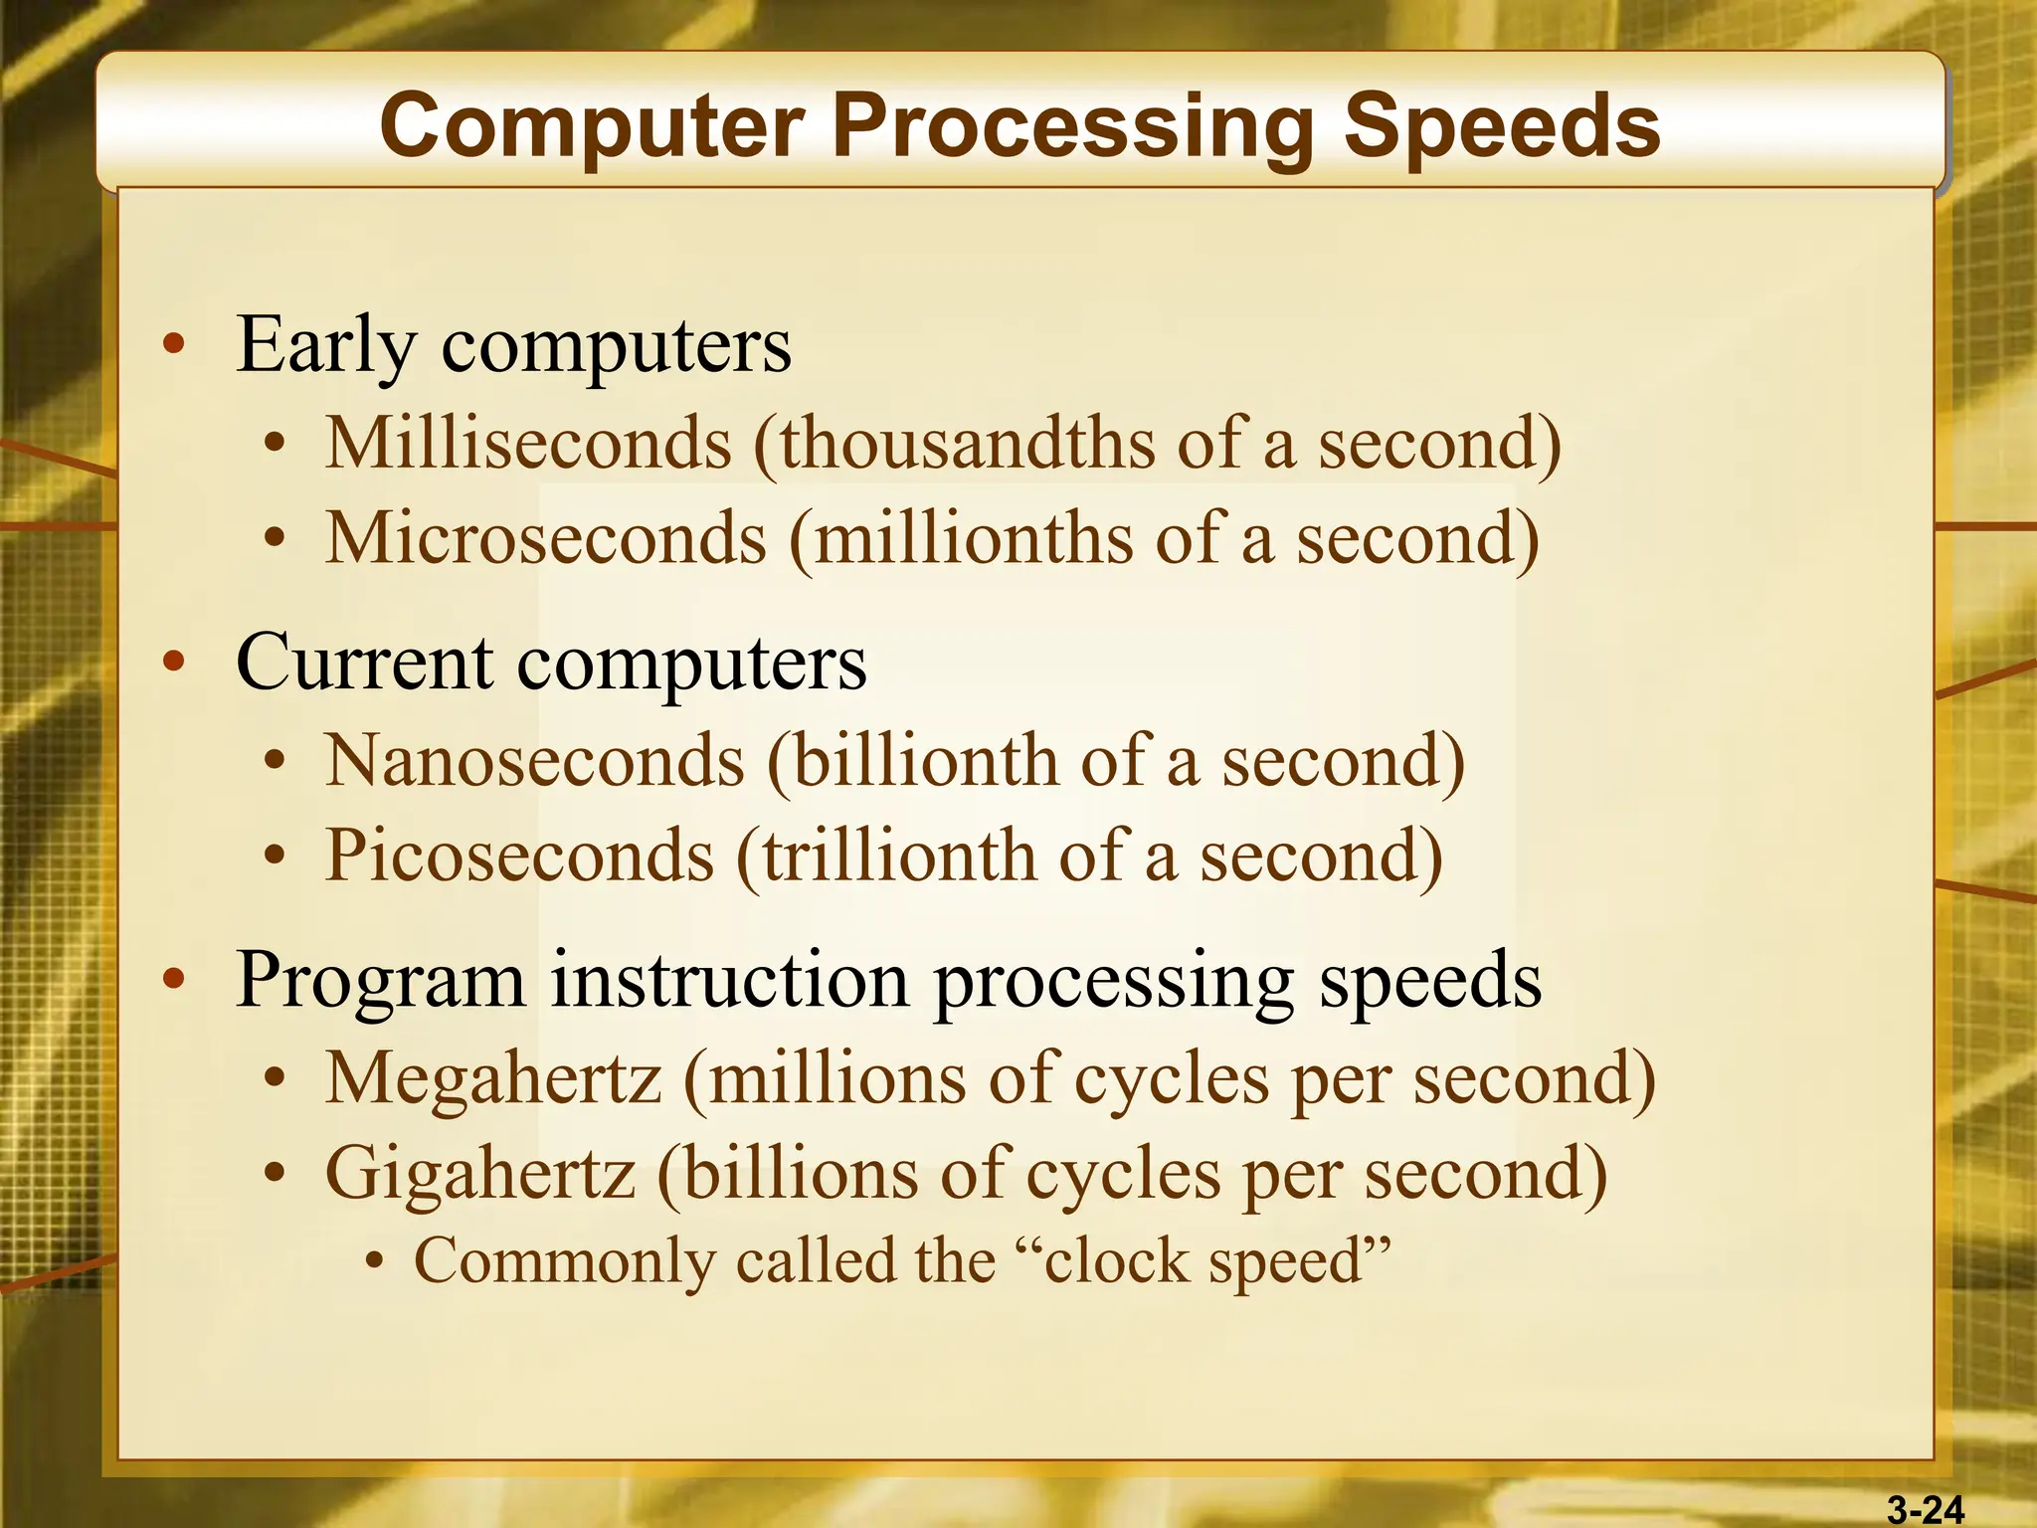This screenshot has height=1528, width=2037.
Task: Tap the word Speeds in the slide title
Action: coord(1502,126)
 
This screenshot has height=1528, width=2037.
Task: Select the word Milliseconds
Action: coord(528,443)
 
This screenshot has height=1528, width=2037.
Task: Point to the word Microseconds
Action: coord(546,538)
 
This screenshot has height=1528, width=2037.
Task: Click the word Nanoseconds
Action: coord(535,761)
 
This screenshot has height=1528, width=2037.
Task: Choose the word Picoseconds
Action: coord(519,856)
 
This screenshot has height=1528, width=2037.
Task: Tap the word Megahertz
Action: coord(493,1078)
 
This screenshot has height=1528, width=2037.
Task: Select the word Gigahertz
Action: coord(480,1174)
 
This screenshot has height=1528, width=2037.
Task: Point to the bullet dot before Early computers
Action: coord(174,344)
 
